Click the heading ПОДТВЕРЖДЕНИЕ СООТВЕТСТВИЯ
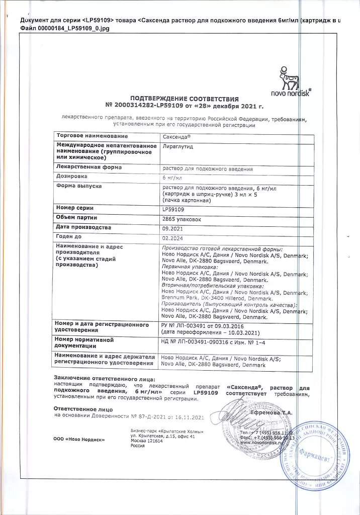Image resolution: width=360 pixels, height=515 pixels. click(185, 99)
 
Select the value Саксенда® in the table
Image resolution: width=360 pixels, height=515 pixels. click(176, 136)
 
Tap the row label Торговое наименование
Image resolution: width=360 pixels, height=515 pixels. click(92, 136)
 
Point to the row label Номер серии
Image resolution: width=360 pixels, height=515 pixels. click(75, 208)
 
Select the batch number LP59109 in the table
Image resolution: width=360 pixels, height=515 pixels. click(173, 209)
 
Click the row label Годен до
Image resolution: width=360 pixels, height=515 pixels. click(69, 236)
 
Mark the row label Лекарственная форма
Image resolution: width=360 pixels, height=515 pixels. click(89, 167)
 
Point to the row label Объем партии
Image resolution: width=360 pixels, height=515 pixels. click(77, 217)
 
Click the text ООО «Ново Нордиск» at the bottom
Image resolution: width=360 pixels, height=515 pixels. click(79, 439)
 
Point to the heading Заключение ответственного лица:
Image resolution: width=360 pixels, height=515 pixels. click(105, 378)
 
